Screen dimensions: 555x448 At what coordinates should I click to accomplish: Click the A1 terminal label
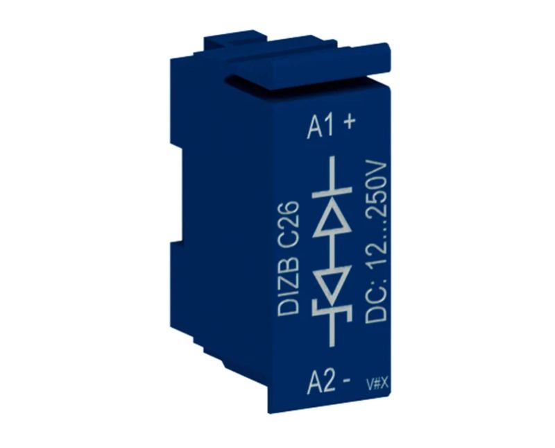[x=321, y=126]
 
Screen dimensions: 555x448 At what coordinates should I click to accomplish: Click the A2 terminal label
[x=321, y=383]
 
